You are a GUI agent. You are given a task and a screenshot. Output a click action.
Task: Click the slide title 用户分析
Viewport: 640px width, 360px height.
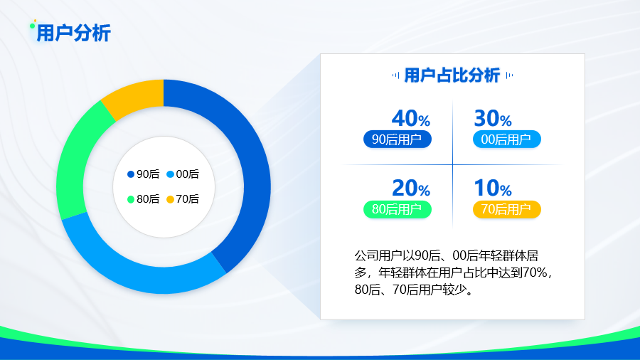click(x=73, y=33)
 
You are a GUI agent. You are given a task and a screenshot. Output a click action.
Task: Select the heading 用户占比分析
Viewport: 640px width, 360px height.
click(x=452, y=75)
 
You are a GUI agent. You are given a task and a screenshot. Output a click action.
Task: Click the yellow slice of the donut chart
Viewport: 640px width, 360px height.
click(x=134, y=96)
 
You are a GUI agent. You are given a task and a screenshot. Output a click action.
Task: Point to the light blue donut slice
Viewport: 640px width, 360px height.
click(x=134, y=270)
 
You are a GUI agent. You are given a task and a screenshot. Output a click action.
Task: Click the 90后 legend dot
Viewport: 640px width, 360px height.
click(x=131, y=174)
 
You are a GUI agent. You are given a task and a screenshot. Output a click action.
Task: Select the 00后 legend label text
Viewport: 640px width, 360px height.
click(x=187, y=174)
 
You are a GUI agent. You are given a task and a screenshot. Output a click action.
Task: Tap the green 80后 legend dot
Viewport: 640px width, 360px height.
click(x=131, y=199)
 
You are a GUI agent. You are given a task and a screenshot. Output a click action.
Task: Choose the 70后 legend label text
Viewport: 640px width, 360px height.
click(x=187, y=199)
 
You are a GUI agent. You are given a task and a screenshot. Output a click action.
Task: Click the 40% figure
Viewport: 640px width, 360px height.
click(x=411, y=118)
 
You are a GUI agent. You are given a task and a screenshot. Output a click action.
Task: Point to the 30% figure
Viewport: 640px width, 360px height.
click(x=493, y=118)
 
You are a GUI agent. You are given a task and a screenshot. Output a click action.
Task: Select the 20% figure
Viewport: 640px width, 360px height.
click(x=411, y=188)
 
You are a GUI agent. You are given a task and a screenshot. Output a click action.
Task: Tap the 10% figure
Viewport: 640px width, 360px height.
click(x=493, y=188)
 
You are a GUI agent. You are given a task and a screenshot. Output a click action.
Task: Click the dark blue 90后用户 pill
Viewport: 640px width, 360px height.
click(x=397, y=139)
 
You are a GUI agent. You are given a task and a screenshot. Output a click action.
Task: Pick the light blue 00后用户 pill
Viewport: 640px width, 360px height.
click(x=506, y=139)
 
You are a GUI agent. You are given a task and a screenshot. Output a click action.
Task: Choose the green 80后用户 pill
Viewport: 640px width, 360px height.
click(x=397, y=209)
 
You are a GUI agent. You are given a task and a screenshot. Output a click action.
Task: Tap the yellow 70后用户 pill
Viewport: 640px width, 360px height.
click(x=506, y=209)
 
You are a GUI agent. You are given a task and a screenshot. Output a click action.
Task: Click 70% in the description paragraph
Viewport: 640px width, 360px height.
click(x=535, y=272)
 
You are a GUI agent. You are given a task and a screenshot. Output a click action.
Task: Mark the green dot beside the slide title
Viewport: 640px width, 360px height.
click(x=32, y=26)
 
